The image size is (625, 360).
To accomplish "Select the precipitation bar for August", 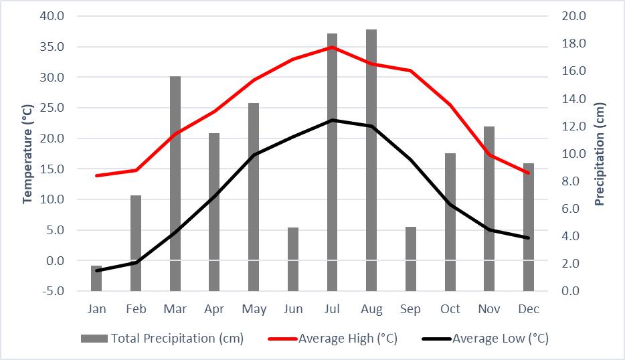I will coord(371,161).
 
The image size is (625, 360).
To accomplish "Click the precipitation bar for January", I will coord(96,278).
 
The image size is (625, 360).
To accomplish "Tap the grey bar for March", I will coord(175,184).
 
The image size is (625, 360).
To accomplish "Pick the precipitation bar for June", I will coord(292,260).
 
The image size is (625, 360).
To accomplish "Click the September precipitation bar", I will coord(410,260).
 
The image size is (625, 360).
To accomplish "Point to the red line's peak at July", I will coord(332,48).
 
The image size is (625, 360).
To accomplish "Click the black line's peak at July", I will coord(332,120).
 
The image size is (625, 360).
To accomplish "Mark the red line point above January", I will coord(96,175).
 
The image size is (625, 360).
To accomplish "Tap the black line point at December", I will coord(529,238).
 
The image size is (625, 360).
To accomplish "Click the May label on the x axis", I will coord(254,309).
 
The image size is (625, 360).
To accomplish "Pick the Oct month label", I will coord(450,309).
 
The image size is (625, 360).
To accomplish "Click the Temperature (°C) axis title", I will coord(27,153).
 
